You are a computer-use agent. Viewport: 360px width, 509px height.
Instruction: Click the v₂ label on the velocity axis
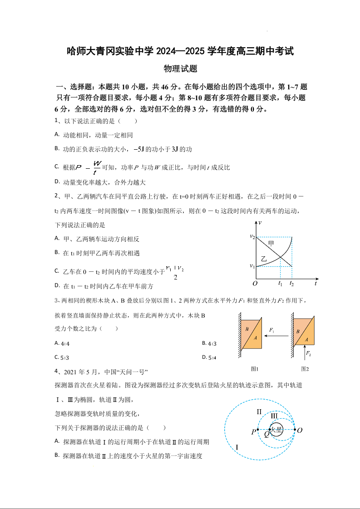point(252,236)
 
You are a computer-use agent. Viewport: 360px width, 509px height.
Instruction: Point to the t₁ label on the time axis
point(280,284)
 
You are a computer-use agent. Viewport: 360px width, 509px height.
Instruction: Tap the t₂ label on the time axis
point(292,284)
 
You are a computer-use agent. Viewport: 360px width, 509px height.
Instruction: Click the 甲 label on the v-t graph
point(271,244)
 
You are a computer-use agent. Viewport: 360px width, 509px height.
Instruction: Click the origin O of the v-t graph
point(255,284)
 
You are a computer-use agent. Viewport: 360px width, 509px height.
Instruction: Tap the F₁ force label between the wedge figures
point(271,330)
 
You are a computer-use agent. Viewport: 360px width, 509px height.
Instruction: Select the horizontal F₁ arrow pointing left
point(276,336)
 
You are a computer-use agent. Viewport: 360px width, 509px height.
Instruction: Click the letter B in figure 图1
point(247,329)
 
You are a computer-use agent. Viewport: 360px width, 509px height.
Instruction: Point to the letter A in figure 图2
point(307,339)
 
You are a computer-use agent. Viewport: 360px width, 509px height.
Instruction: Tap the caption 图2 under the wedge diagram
point(305,369)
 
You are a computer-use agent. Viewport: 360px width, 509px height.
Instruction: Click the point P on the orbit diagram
point(253,432)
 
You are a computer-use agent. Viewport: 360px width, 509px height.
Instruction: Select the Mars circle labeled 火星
point(276,429)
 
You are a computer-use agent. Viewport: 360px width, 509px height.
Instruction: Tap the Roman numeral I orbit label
point(237,447)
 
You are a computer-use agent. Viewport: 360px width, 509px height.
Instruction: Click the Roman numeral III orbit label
point(274,416)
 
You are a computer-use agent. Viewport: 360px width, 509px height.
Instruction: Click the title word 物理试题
point(180,69)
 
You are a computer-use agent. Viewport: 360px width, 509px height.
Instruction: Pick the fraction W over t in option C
point(96,167)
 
